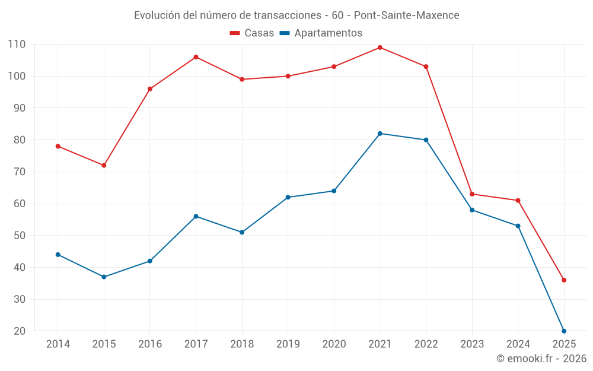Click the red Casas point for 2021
pos(380,47)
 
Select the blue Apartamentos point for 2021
pos(380,134)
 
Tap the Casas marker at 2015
pos(104,165)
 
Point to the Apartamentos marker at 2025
pos(564,331)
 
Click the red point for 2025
pos(564,280)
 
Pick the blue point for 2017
pos(196,216)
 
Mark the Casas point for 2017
pos(196,57)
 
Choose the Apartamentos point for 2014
pos(58,255)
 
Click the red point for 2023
pos(472,194)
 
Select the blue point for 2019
pos(288,197)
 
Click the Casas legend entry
pos(252,33)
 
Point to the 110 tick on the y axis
pos(17,45)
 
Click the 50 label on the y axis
pos(20,236)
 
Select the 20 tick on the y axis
pos(20,331)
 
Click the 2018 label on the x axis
pos(242,344)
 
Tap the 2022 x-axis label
pos(426,344)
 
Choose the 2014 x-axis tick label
pos(58,344)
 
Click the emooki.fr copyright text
pos(541,359)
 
